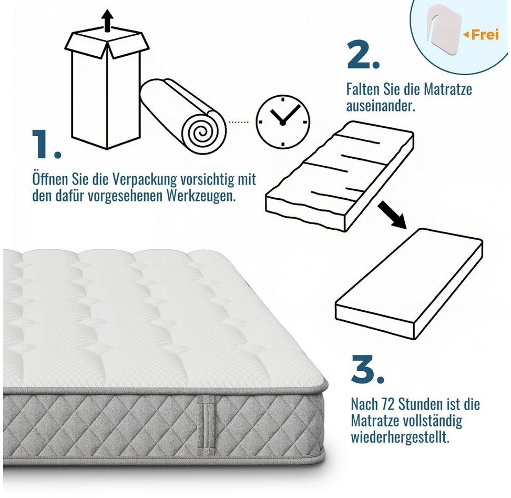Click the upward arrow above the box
click(107, 20)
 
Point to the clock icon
click(282, 122)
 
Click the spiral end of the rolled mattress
click(203, 132)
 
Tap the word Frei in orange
click(485, 34)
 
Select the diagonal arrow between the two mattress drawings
click(392, 215)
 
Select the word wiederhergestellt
click(400, 436)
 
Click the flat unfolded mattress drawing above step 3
click(409, 283)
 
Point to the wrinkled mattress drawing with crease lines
click(340, 176)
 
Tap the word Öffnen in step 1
click(49, 179)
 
